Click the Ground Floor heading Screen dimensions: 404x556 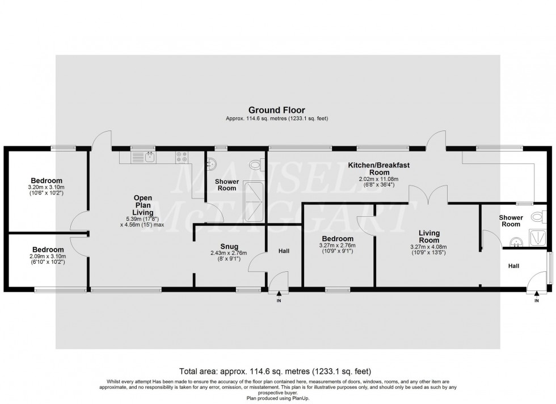pos(277,110)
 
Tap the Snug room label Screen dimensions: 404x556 pos(221,246)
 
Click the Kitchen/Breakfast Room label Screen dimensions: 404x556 pos(378,169)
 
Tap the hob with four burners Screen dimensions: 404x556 pos(183,157)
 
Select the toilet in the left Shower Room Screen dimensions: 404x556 pos(256,165)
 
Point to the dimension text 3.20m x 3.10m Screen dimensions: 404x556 pos(47,187)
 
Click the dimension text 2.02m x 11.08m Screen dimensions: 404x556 pos(378,179)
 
